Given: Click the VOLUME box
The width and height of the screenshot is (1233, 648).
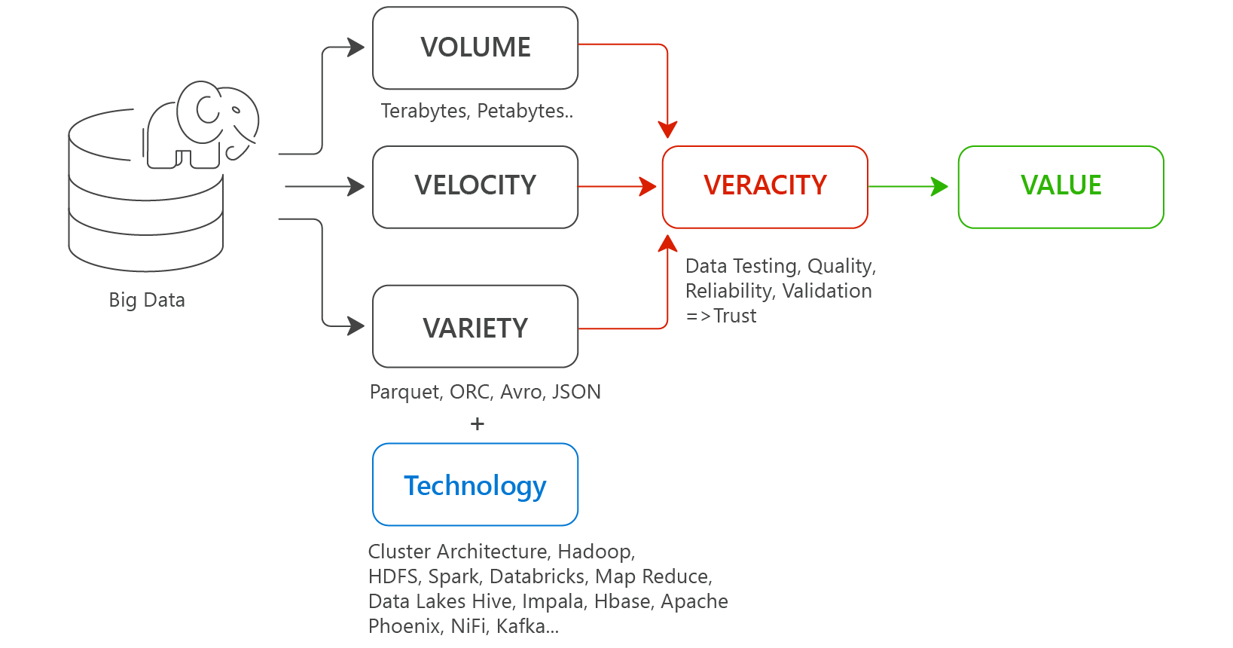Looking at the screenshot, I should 475,48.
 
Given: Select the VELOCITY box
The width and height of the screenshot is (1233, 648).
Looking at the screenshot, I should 475,186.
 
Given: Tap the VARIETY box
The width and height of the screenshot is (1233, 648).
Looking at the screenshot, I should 475,327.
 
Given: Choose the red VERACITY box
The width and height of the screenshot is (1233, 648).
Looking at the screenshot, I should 765,186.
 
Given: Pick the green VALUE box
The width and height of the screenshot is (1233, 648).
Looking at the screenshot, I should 1061,186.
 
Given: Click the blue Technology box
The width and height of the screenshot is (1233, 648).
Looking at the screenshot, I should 475,485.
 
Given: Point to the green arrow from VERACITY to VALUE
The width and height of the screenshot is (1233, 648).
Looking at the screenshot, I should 908,186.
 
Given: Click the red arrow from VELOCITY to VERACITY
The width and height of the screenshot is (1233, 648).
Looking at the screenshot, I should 618,186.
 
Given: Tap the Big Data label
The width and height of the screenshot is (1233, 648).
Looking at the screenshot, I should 147,300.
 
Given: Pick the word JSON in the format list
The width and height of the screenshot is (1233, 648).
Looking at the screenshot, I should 576,392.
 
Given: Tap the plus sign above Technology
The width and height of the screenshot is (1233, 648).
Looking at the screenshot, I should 477,424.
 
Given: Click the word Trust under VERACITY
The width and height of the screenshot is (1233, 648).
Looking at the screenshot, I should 734,316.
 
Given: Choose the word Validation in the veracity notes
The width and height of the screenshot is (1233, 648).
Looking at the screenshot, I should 827,291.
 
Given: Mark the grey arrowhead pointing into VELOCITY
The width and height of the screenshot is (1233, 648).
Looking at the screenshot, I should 356,186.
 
